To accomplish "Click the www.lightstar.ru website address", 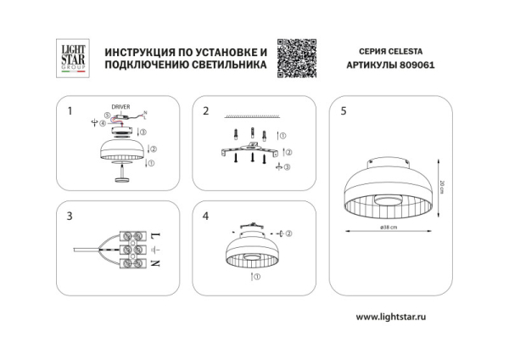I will point(389,317).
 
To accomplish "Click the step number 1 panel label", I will point(70,111).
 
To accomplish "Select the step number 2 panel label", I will point(206,111).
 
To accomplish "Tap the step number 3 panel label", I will point(70,217).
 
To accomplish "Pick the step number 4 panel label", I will point(206,217).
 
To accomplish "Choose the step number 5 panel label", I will point(343,111).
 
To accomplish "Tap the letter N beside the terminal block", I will point(155,263).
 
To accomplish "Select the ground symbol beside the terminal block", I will point(155,249).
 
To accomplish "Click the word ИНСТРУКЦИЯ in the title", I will point(139,53).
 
